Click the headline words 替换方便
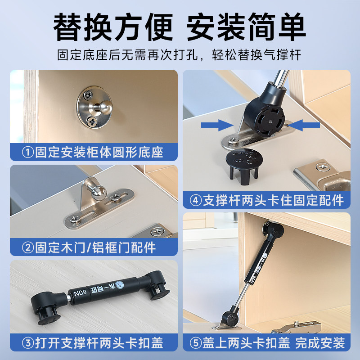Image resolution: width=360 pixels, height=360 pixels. (x=113, y=27)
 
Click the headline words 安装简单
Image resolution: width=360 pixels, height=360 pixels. (x=246, y=27)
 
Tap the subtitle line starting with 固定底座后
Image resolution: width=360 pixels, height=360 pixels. (x=180, y=55)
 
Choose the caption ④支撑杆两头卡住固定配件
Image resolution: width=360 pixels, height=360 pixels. (x=266, y=199)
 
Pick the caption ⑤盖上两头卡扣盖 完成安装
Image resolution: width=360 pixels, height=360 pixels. (x=266, y=343)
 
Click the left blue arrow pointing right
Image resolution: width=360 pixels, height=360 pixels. (x=216, y=124)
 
